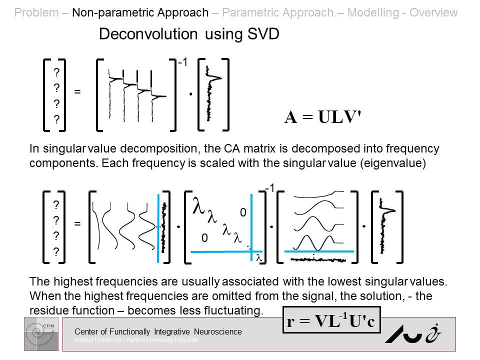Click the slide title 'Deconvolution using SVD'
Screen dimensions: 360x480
click(x=189, y=34)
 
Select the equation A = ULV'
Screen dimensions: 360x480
click(x=323, y=116)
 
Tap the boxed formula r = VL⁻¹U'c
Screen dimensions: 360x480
click(x=331, y=320)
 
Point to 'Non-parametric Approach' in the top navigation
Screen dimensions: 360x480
click(x=140, y=12)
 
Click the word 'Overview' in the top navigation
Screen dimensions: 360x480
click(x=433, y=12)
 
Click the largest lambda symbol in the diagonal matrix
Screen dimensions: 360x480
click(x=197, y=206)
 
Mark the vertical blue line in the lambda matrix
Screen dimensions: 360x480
click(x=251, y=225)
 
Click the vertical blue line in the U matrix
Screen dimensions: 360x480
click(x=158, y=224)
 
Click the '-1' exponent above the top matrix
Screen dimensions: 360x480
click(x=182, y=62)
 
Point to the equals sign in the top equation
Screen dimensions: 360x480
click(x=77, y=92)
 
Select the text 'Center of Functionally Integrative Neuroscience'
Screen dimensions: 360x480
click(x=158, y=331)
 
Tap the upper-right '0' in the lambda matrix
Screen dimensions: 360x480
click(x=243, y=213)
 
